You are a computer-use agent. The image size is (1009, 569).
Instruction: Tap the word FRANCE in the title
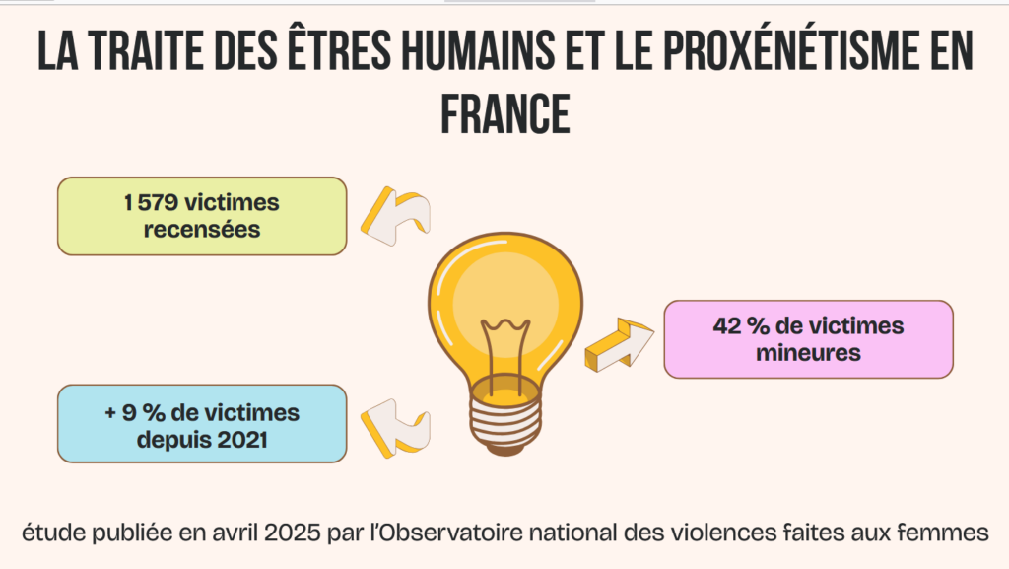[x=504, y=113]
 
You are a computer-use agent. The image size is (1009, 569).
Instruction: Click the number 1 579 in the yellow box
[x=155, y=203]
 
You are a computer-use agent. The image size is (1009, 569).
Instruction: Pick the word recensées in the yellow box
[x=202, y=230]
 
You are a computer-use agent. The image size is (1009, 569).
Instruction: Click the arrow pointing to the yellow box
[x=394, y=216]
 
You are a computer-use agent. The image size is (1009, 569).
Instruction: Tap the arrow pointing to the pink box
[x=619, y=344]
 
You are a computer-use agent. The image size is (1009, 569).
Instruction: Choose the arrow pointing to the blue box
[x=394, y=428]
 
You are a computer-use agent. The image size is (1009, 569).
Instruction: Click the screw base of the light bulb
[x=506, y=418]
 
